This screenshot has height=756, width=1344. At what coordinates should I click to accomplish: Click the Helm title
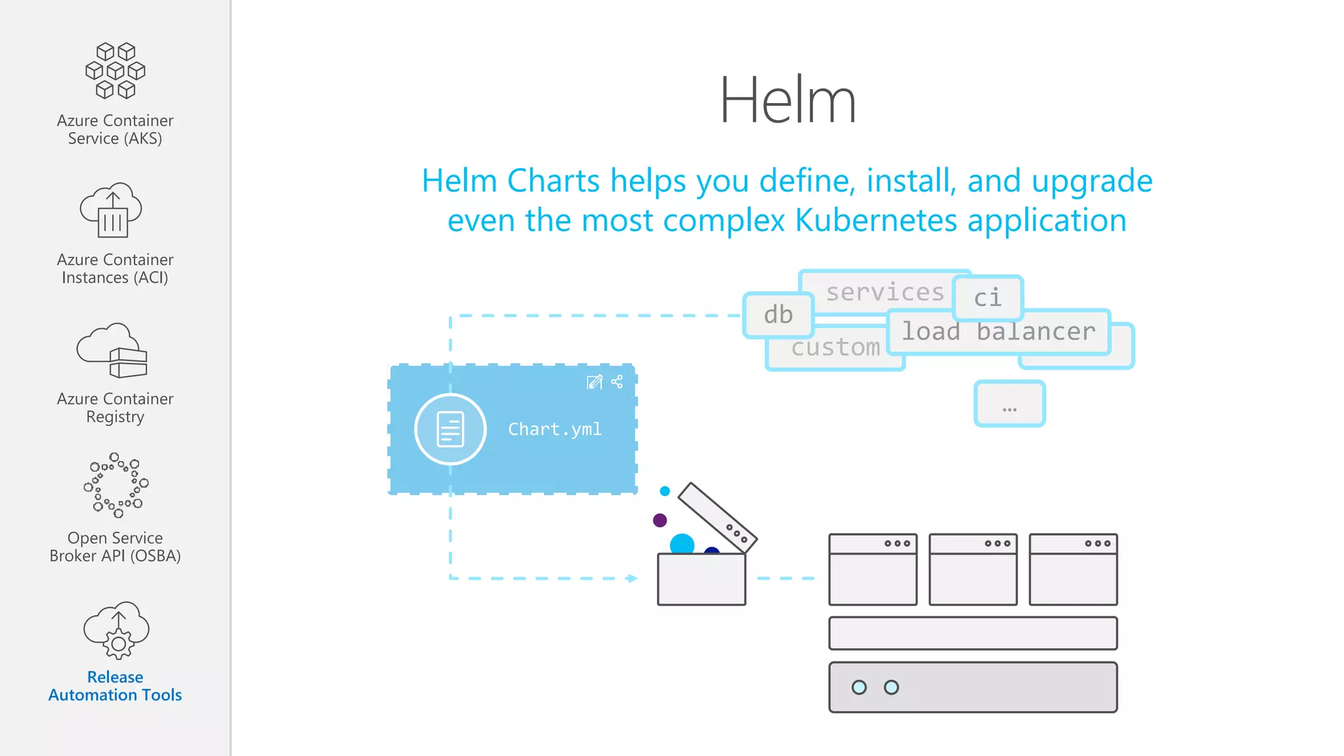coord(787,100)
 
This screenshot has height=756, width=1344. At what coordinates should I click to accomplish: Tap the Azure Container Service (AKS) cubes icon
coord(115,70)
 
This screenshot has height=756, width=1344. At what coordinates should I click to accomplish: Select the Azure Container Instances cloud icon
coord(112,210)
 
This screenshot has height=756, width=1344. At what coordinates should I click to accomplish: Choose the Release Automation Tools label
coord(115,686)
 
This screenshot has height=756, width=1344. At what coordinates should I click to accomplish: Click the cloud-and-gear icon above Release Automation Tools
coord(116,630)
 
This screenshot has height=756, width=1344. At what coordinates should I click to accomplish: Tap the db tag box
coord(778,315)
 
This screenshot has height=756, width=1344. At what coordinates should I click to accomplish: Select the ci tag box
coord(988,298)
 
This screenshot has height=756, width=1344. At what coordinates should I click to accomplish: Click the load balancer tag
coord(998,332)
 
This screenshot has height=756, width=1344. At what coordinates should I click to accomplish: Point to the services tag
coord(884,292)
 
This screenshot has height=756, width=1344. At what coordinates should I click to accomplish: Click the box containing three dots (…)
coord(1009,404)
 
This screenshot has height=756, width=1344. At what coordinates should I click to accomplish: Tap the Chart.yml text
coord(555,429)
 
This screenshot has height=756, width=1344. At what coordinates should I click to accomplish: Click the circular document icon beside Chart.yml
coord(450,429)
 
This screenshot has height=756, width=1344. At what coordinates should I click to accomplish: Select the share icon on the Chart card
coord(617,382)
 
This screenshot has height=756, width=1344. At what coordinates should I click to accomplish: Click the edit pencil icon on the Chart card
coord(595,382)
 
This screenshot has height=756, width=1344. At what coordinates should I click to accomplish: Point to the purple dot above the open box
coord(660,520)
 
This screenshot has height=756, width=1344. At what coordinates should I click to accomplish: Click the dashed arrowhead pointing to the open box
coord(631,578)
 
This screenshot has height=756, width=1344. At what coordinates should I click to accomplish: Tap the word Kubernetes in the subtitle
coord(876,220)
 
